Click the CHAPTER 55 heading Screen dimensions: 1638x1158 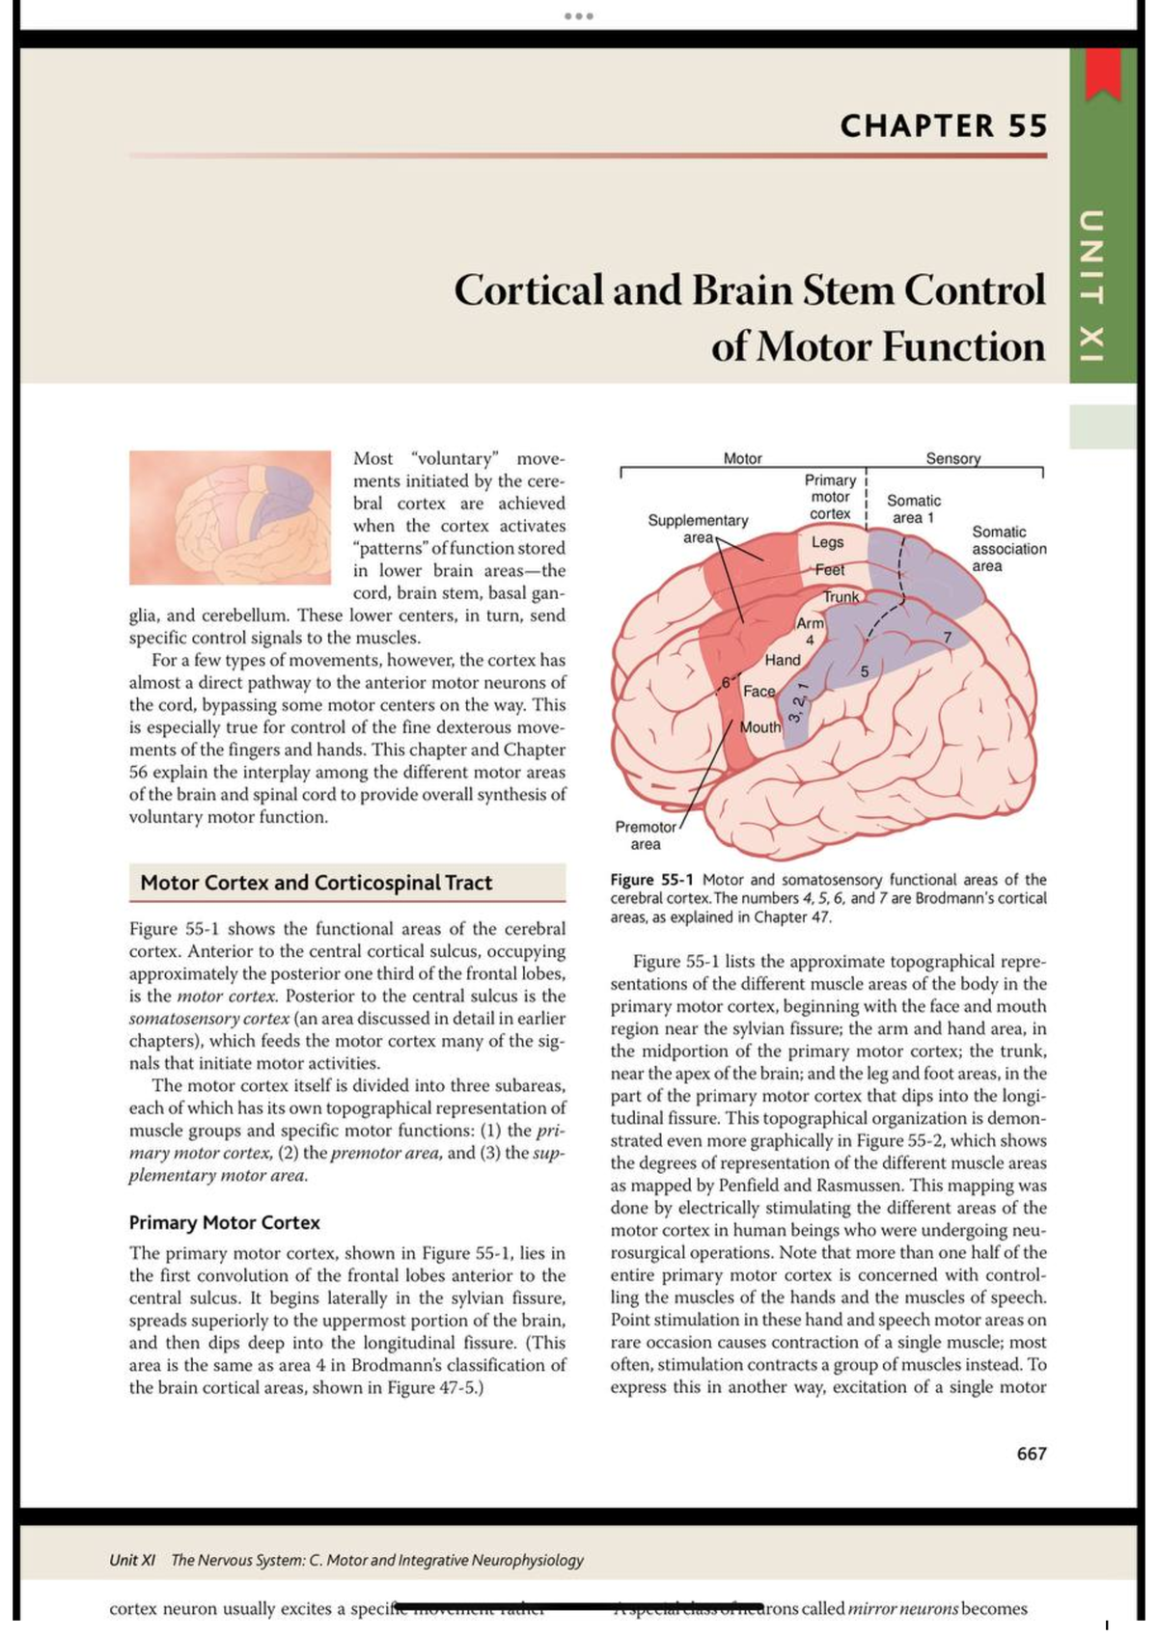click(943, 126)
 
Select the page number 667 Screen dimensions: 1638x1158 click(1031, 1454)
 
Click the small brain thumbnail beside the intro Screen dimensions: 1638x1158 click(231, 517)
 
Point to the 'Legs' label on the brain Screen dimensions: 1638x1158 click(827, 542)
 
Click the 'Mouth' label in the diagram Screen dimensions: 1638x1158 click(759, 727)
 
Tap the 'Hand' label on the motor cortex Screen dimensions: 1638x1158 click(782, 660)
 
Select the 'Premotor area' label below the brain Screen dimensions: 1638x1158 click(646, 835)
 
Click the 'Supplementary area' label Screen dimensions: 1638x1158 click(697, 529)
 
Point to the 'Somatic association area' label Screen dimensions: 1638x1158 click(1007, 549)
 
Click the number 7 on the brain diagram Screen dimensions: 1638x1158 click(948, 638)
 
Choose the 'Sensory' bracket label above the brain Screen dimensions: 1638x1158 click(952, 459)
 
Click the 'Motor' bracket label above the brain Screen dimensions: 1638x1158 click(742, 459)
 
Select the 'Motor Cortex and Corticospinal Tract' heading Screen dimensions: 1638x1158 click(316, 883)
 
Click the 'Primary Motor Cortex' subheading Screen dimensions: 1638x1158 click(224, 1222)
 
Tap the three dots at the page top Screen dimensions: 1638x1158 click(579, 16)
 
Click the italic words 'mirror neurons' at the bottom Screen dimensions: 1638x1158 click(902, 1609)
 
